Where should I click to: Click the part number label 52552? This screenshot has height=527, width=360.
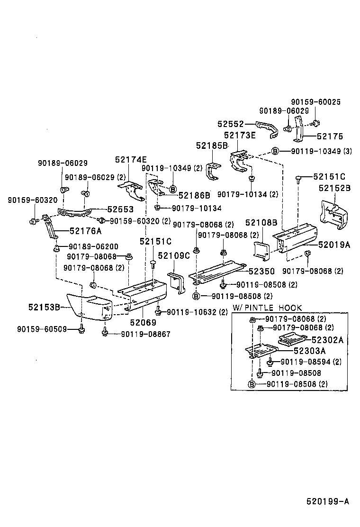point(231,124)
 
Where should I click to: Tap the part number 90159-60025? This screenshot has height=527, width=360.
point(315,102)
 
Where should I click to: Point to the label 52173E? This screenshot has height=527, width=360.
point(240,136)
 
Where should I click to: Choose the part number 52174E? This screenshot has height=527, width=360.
point(131,159)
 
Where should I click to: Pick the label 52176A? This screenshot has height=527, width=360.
point(86,231)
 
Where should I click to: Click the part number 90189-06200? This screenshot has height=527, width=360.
point(93,246)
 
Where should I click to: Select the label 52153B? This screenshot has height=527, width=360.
point(44,307)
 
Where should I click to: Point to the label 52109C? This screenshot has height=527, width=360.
point(173,256)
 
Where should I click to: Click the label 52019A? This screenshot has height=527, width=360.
point(334,245)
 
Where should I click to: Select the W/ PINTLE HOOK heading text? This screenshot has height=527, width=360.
point(267,308)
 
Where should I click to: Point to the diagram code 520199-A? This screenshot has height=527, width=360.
point(327,501)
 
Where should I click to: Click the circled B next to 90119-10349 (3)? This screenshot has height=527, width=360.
point(275,151)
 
